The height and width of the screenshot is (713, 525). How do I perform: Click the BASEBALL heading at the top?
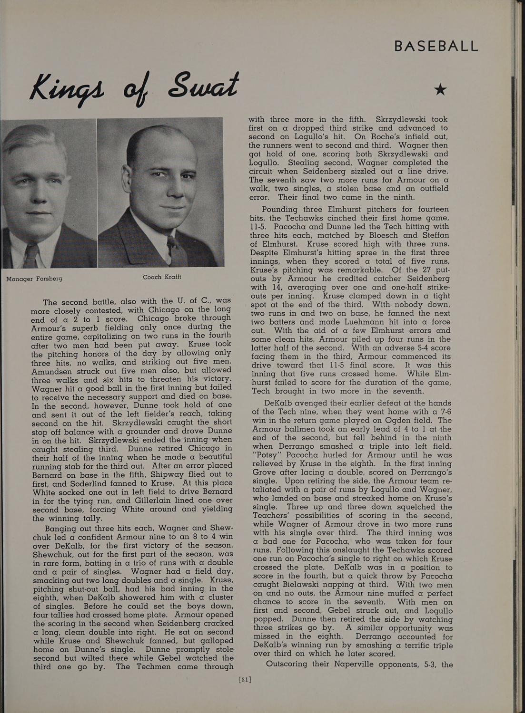[x=436, y=46]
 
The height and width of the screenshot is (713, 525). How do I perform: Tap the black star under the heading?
[x=441, y=89]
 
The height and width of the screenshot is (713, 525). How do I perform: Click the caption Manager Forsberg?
[x=34, y=278]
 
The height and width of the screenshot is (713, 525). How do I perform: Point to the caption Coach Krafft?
[x=162, y=277]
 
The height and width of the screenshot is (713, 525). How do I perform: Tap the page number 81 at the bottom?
[x=244, y=679]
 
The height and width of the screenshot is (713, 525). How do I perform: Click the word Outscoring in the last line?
[x=287, y=664]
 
